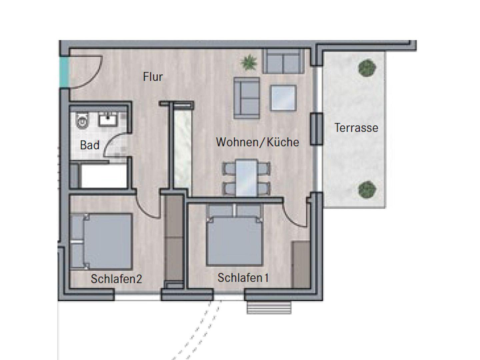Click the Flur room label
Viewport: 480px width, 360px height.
pos(153,77)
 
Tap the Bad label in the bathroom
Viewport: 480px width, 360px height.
pos(90,145)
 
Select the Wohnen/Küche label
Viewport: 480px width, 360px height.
pos(257,142)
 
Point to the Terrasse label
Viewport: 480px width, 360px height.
pos(356,128)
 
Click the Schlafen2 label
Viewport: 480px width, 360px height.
pos(116,279)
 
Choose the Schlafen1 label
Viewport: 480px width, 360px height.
pos(243,278)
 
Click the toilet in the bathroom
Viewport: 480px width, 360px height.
pos(82,120)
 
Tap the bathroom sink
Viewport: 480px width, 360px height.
pos(108,119)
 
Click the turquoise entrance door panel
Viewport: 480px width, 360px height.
pos(64,72)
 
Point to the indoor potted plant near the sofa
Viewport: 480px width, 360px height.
pos(249,62)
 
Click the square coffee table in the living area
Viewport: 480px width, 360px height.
pos(283,98)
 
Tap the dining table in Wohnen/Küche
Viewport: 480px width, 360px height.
pos(246,178)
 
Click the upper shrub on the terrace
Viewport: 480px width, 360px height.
pos(367,68)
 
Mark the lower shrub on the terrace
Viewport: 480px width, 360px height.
pos(367,190)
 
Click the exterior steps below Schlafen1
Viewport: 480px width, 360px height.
pos(269,308)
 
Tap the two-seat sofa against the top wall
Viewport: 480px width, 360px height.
pos(284,61)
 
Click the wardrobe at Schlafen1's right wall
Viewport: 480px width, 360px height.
pos(301,264)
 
